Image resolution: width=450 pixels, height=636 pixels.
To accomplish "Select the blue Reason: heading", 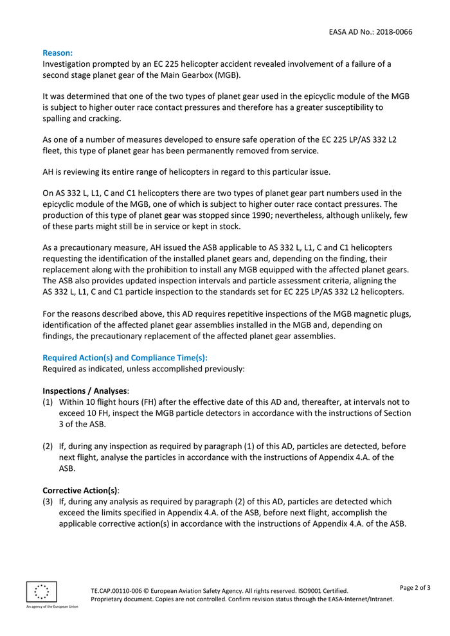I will click(x=58, y=53).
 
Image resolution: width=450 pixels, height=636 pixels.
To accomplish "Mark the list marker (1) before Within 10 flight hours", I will click(x=48, y=402).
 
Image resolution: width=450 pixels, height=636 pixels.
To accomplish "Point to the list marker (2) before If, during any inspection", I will click(x=48, y=446).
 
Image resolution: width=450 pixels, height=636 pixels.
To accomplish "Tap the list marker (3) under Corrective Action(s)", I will click(x=48, y=501).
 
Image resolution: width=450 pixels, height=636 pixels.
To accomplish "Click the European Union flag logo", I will click(x=42, y=592).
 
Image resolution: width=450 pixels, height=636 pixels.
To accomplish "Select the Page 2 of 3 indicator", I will click(x=415, y=587).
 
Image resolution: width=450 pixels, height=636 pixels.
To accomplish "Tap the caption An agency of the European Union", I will click(x=52, y=606).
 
